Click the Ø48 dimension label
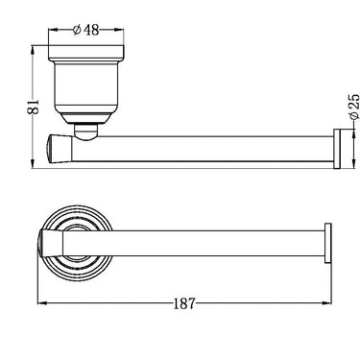click(85, 30)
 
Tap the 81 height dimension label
click(34, 107)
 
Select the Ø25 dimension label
click(353, 107)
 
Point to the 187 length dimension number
click(184, 303)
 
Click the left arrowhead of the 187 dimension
click(42, 302)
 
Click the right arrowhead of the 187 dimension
click(326, 302)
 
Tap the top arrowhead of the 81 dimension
click(33, 51)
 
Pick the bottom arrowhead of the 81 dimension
click(33, 163)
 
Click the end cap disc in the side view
click(337, 149)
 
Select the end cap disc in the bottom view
click(328, 243)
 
